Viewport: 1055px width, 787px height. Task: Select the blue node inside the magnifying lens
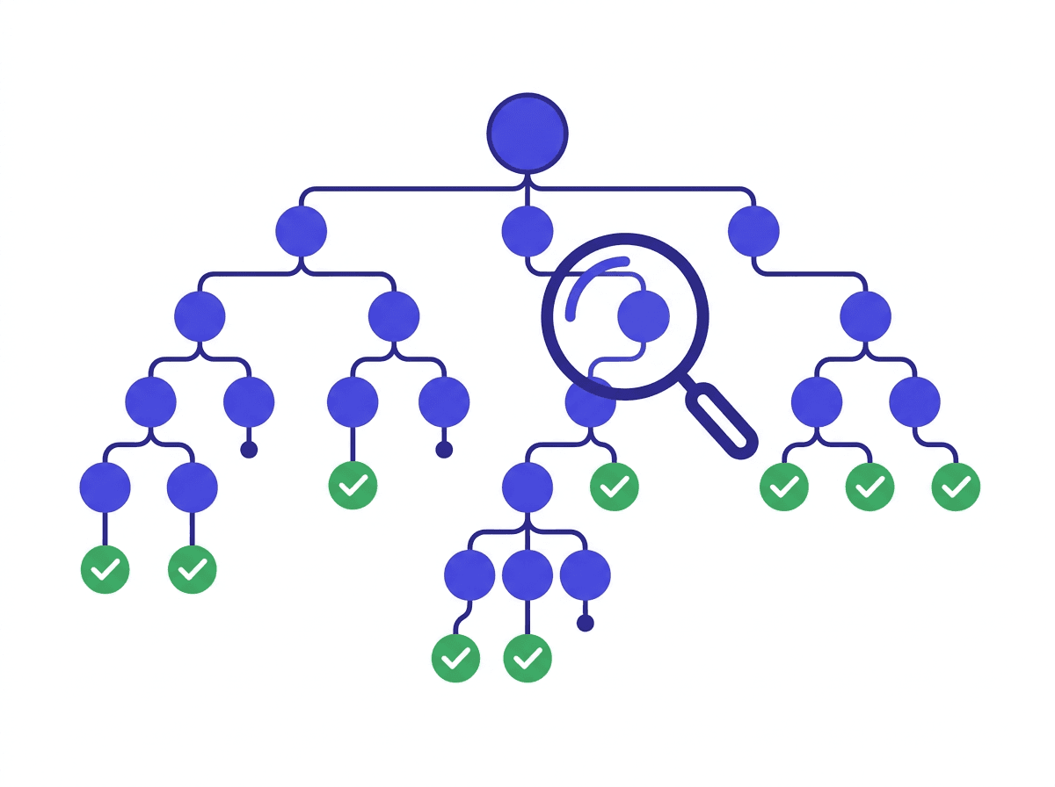644,316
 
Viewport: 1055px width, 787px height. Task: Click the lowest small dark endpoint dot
586,624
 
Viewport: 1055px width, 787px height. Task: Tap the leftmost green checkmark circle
105,569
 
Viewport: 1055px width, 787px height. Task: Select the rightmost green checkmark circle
956,487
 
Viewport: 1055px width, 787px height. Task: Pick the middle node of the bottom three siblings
527,575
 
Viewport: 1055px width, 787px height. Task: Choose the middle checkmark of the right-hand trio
869,487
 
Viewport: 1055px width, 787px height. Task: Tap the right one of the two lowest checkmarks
527,658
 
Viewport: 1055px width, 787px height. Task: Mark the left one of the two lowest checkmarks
456,658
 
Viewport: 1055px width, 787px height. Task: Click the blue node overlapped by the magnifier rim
590,401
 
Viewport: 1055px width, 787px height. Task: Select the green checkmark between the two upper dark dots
353,487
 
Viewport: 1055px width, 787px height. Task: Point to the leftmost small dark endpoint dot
249,450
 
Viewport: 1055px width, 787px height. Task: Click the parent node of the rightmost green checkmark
914,401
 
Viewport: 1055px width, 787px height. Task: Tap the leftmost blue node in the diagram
105,487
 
